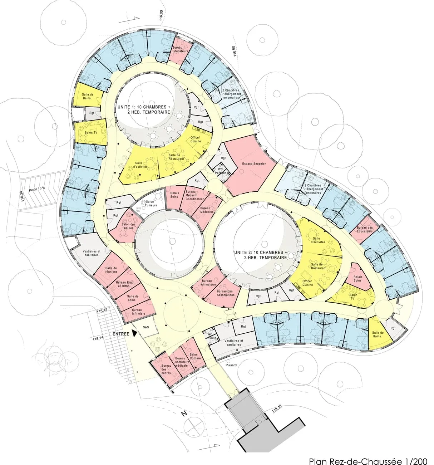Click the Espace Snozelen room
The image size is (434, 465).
tap(249, 164)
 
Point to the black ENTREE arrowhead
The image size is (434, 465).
tap(134, 333)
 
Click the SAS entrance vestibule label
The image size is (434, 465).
tap(146, 327)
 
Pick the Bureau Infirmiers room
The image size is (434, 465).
tap(138, 312)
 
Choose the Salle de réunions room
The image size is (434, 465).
tap(111, 270)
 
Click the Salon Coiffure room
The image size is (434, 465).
tap(196, 356)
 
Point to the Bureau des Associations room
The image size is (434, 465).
tap(225, 293)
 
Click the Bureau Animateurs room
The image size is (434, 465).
tap(209, 283)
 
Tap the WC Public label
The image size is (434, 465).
tap(212, 336)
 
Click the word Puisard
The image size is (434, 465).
tap(231, 365)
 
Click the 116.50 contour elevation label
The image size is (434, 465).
tap(235, 50)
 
